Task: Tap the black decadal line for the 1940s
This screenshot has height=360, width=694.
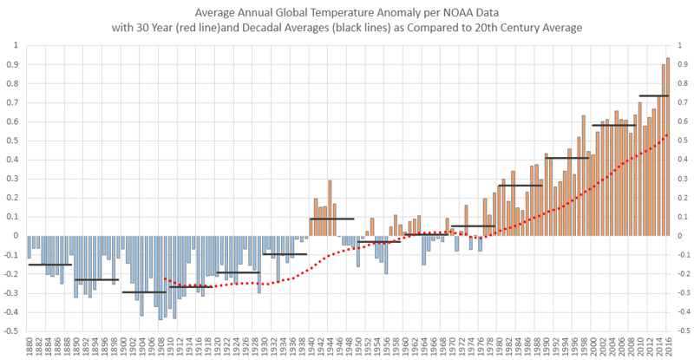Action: pyautogui.click(x=331, y=219)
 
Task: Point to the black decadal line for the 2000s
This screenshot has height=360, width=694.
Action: pyautogui.click(x=614, y=126)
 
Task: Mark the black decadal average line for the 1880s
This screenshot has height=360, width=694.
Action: pyautogui.click(x=49, y=265)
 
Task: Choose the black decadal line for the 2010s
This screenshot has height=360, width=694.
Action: pyautogui.click(x=653, y=95)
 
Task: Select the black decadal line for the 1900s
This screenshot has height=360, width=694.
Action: pyautogui.click(x=144, y=292)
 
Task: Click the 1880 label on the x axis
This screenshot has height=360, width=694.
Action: pyautogui.click(x=30, y=349)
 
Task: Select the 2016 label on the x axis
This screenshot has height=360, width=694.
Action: pyautogui.click(x=668, y=349)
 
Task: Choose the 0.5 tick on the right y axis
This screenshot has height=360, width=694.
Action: pyautogui.click(x=682, y=141)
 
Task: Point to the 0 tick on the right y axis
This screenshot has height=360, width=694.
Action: pyautogui.click(x=679, y=236)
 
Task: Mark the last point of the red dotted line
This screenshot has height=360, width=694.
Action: pyautogui.click(x=667, y=134)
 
